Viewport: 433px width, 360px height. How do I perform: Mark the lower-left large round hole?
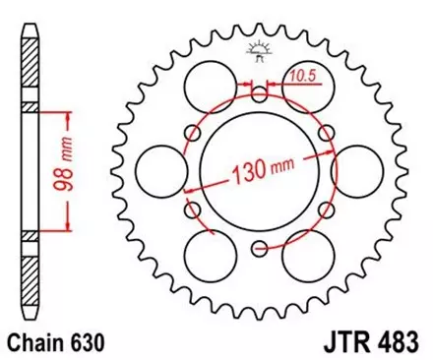tap(212, 254)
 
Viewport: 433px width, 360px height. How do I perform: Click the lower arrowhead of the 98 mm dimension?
tap(69, 229)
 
